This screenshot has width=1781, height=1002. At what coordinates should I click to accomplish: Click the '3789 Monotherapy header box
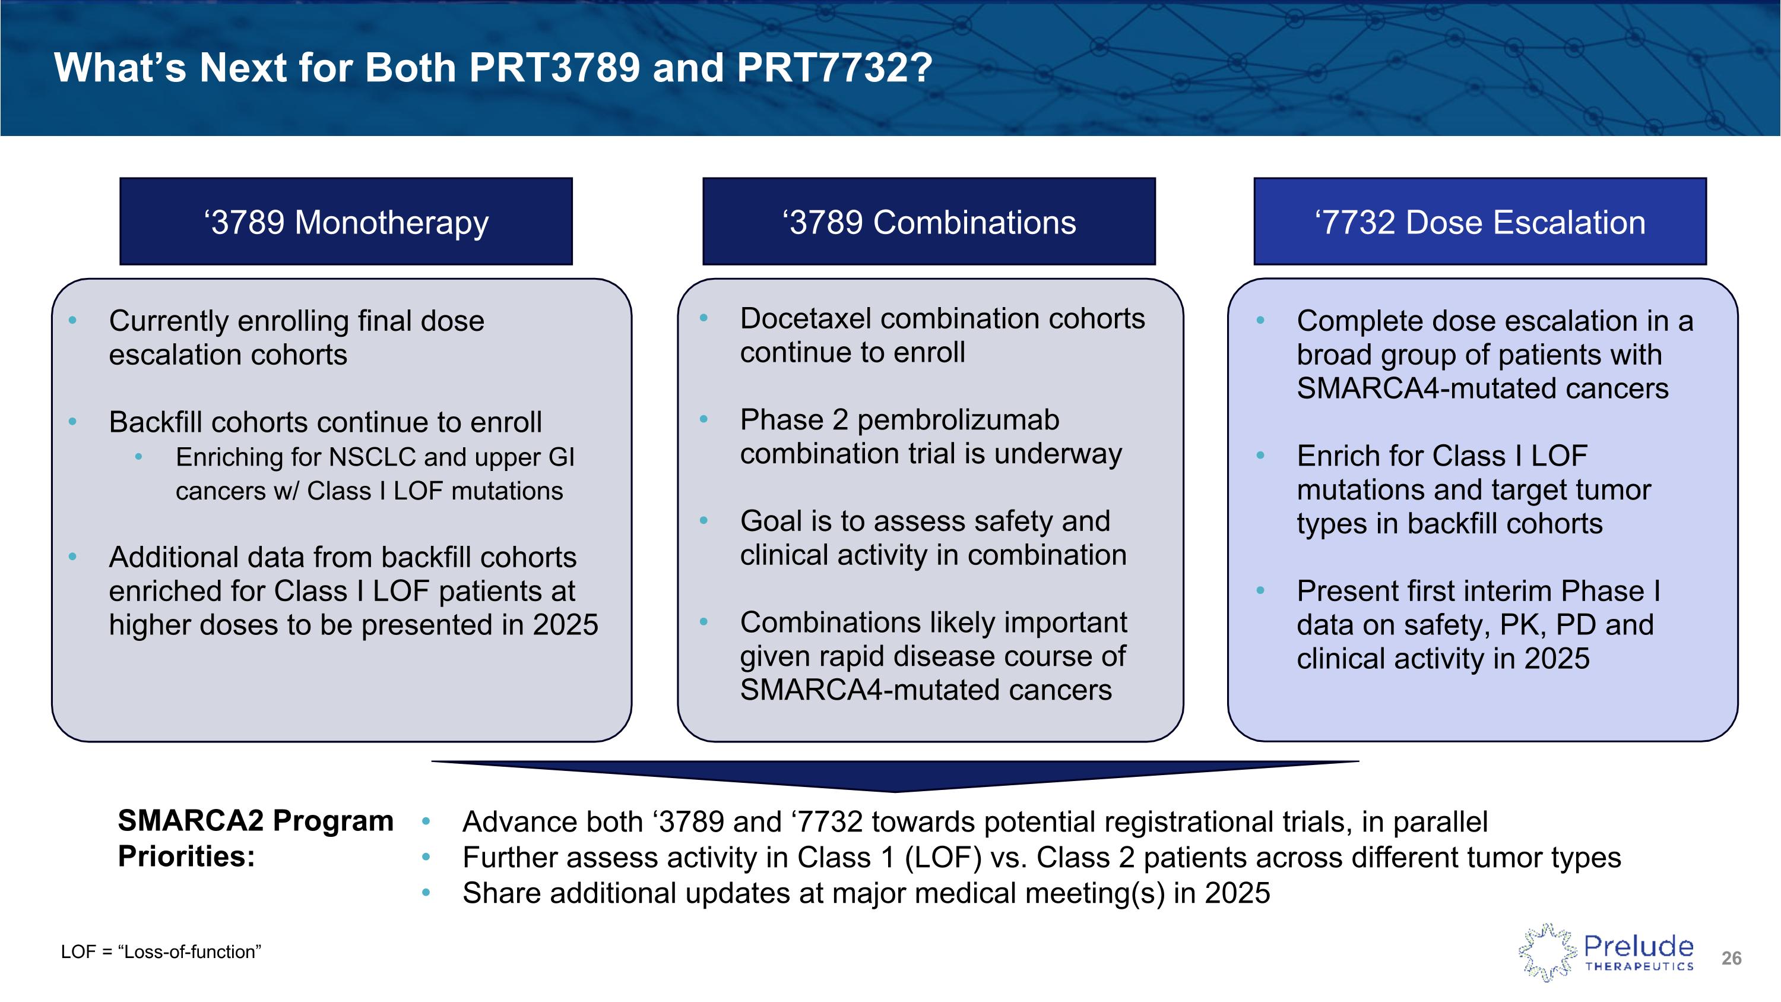click(x=346, y=222)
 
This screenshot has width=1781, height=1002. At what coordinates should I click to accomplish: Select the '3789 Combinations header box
click(x=928, y=222)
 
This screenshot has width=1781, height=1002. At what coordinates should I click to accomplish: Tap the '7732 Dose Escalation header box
click(x=1479, y=222)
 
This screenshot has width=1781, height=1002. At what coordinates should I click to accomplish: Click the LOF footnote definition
click(x=160, y=952)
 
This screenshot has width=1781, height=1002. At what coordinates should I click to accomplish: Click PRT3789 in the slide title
click(x=554, y=68)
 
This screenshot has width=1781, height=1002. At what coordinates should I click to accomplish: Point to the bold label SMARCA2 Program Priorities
click(x=255, y=837)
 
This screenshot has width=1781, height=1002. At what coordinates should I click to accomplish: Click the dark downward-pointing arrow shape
click(x=895, y=775)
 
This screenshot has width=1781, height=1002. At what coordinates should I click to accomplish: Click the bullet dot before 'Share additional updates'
click(x=426, y=893)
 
